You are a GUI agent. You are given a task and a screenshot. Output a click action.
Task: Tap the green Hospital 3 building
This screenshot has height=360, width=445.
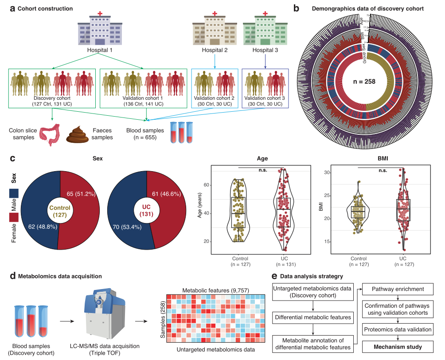265,29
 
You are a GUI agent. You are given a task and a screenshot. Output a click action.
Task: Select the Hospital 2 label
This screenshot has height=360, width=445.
215,50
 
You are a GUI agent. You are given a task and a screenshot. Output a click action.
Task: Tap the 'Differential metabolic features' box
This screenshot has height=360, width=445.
313,317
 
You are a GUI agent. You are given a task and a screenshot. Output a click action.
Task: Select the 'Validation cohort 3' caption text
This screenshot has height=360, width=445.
265,98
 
